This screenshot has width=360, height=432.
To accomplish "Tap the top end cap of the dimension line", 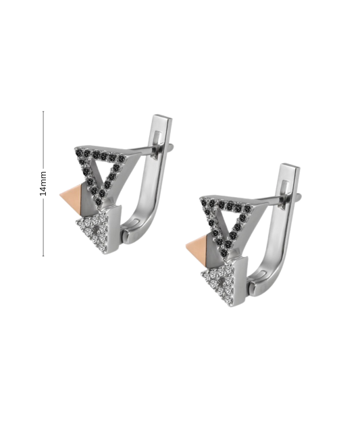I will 43,111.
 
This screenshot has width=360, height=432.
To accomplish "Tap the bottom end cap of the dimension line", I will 43,256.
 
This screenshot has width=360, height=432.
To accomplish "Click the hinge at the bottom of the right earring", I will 251,286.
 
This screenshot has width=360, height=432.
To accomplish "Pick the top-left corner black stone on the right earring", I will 205,202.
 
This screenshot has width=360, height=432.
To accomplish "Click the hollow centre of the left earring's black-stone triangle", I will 105,169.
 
